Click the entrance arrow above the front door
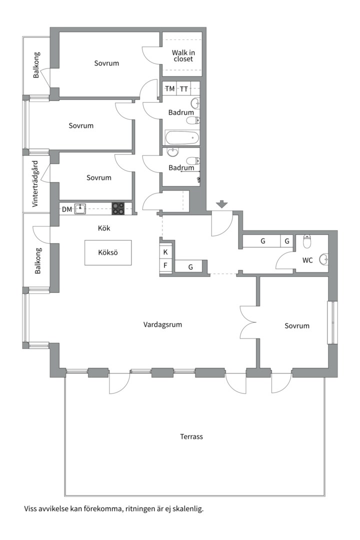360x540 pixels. [x=222, y=204]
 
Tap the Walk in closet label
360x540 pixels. [x=183, y=56]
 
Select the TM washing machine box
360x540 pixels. [x=169, y=89]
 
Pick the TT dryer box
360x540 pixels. [x=183, y=89]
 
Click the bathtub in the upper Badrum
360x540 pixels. [x=182, y=138]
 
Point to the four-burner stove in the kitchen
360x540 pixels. [x=118, y=208]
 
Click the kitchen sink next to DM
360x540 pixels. [x=80, y=208]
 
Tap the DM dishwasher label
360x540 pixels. [x=67, y=209]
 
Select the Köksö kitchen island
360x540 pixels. [x=108, y=252]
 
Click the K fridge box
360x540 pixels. [x=165, y=251]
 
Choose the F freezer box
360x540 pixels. [x=165, y=265]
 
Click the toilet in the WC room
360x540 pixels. [x=307, y=242]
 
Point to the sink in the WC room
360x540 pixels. [x=324, y=259]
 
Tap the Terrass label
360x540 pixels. [x=191, y=436]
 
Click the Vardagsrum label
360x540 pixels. [x=162, y=324]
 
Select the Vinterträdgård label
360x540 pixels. [x=35, y=184]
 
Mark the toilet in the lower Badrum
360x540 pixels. [x=193, y=160]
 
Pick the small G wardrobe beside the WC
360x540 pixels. [x=287, y=241]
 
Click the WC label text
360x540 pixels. [x=307, y=260]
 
